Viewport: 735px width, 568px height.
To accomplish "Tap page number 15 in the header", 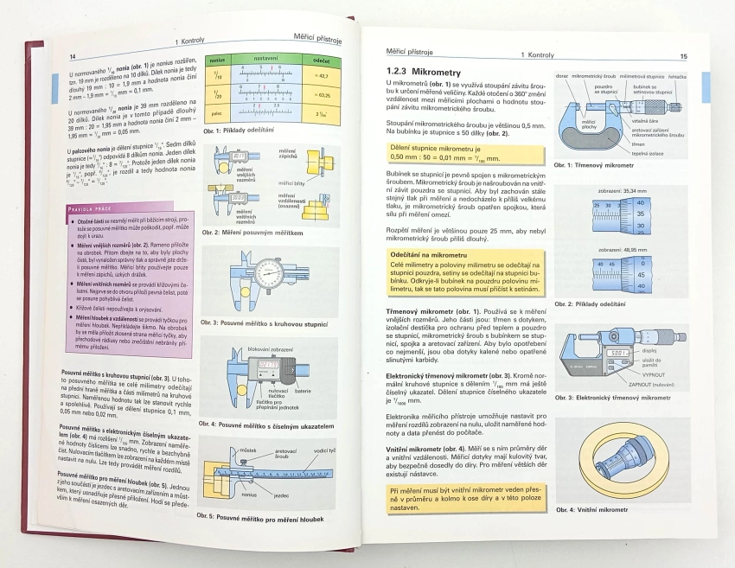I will click(683, 56).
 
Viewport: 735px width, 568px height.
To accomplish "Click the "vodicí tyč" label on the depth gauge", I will click(325, 451).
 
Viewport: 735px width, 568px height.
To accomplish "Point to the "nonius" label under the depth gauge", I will click(251, 496).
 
